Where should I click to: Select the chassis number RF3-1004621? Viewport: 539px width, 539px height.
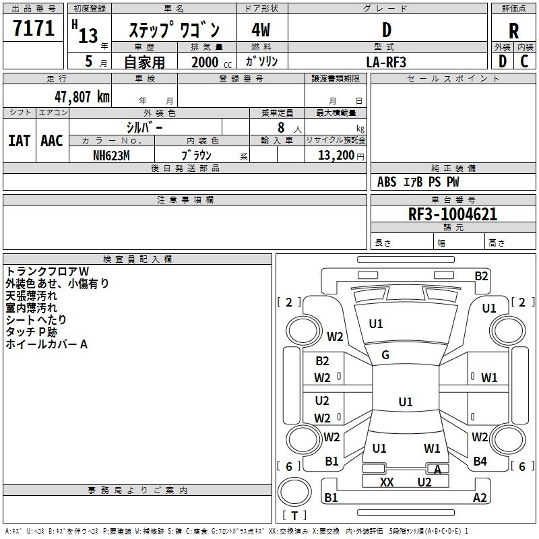pos(453,215)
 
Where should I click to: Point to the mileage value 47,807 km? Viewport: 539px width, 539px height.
pos(76,96)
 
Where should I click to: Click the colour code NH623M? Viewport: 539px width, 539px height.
pos(111,155)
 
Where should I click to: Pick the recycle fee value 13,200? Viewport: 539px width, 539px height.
pos(336,155)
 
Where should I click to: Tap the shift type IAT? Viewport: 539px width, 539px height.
pos(19,141)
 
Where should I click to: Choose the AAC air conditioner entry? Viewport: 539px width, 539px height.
pos(52,141)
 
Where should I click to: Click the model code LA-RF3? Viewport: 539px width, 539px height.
pos(387,61)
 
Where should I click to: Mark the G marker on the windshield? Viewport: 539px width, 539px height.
pos(385,355)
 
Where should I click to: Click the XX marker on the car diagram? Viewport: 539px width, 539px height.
pos(387,482)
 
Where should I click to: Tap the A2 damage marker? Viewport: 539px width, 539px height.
pos(480,498)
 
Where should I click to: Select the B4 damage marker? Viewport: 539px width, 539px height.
pos(480,462)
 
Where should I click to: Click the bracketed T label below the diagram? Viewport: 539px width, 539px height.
pos(294,515)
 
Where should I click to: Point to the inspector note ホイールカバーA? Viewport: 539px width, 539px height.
pos(46,344)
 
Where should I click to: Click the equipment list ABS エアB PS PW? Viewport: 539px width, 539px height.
pos(418,181)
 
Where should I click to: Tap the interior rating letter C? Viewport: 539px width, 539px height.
pos(524,61)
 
